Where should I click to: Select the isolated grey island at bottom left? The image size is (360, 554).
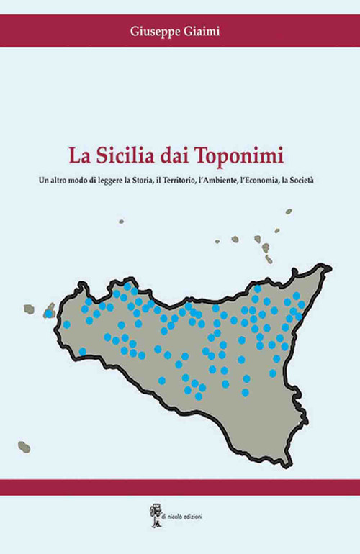coord(24,446)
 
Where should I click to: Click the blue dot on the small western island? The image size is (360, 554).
coord(49,314)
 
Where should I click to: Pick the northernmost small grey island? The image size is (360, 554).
coord(288,212)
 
